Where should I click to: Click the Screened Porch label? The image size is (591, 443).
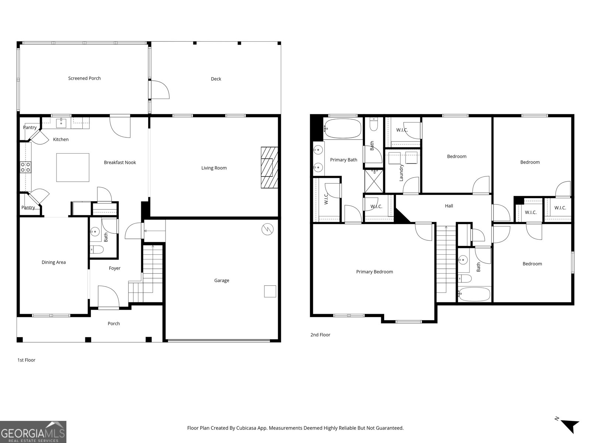(x=84, y=78)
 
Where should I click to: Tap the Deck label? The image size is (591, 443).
(x=216, y=79)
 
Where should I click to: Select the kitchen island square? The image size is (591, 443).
(x=73, y=168)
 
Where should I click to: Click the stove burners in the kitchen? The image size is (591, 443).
(x=25, y=167)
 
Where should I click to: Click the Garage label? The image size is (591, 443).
(x=222, y=281)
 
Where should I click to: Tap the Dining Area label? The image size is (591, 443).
(x=54, y=262)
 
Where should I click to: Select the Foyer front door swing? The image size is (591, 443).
(x=108, y=298)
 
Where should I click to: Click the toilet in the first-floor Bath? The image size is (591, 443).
(x=97, y=250)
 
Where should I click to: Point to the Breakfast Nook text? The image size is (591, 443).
(x=120, y=162)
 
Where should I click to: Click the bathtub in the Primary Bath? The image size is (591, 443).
(x=343, y=128)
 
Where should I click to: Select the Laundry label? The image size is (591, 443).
(x=402, y=172)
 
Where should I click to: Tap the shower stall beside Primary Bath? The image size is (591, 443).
(x=374, y=181)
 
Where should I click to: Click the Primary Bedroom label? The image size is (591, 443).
(x=374, y=272)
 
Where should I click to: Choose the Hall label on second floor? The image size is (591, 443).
(x=449, y=206)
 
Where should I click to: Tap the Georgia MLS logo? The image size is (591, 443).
(x=33, y=432)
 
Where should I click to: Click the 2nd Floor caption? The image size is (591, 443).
(x=320, y=335)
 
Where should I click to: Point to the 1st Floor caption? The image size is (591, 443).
(x=26, y=360)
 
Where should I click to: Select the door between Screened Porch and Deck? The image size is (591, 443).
(x=160, y=90)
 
